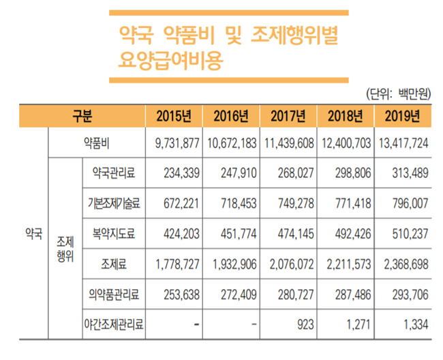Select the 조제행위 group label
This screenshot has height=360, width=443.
[65, 249]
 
